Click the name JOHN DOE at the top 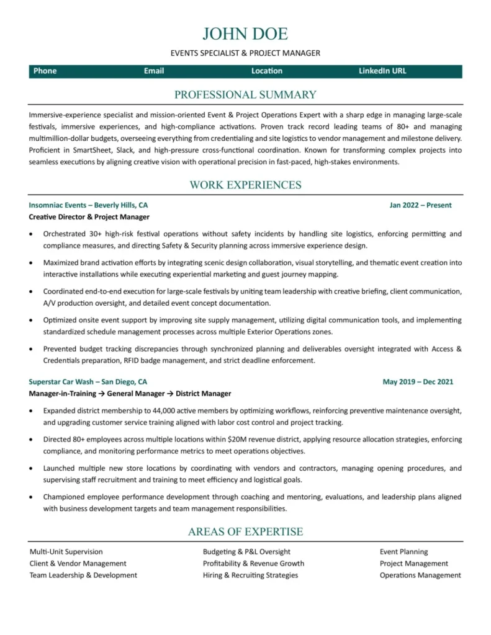(x=245, y=33)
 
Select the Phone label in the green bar (x=45, y=71)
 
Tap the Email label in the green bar (x=154, y=71)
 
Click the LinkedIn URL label (x=382, y=71)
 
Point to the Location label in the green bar (x=267, y=71)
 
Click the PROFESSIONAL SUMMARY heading (x=245, y=95)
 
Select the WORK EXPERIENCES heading (x=245, y=185)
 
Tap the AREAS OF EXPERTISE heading (x=245, y=531)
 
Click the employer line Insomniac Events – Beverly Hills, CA (x=88, y=205)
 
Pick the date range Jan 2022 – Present (x=420, y=205)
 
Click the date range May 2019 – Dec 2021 (x=418, y=382)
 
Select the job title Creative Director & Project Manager (x=89, y=217)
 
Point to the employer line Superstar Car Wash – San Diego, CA (x=88, y=382)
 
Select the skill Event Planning (x=403, y=551)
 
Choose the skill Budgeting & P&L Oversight (x=246, y=551)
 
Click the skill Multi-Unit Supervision (x=66, y=551)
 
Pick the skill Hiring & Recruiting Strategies (x=250, y=575)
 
